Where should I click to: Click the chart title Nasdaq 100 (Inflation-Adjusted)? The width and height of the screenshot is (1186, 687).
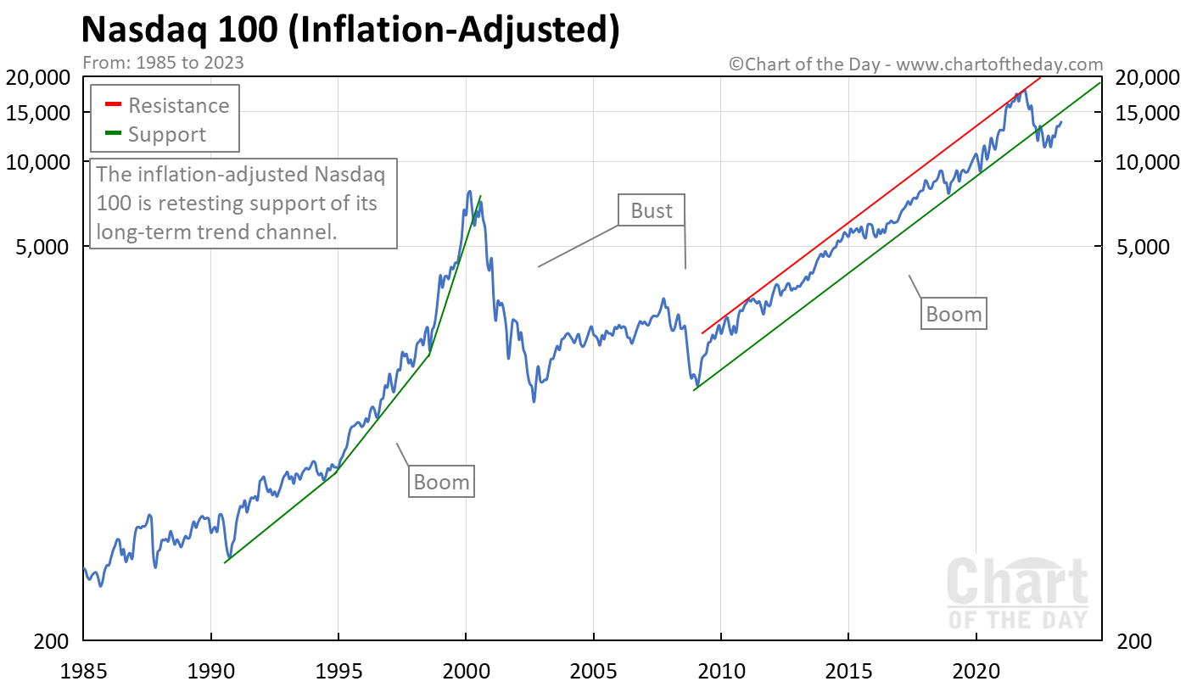[350, 31]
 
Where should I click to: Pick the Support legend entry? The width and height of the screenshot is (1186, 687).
[166, 135]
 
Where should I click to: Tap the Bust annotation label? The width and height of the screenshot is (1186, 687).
[651, 210]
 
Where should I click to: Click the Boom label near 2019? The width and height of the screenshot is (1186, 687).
[954, 315]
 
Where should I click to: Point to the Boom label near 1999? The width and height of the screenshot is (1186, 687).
[441, 483]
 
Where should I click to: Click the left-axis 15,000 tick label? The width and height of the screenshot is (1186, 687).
[42, 113]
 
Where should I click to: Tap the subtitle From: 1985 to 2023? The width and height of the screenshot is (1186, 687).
[162, 62]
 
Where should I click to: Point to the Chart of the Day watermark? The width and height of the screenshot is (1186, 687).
[1016, 594]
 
